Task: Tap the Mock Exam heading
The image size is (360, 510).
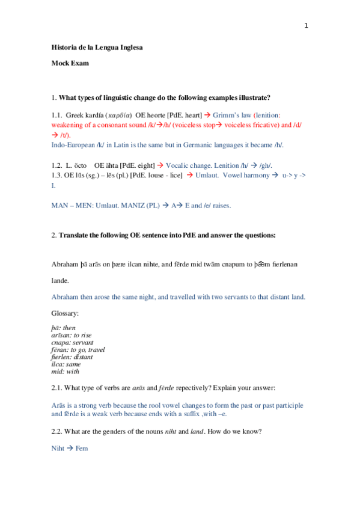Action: (70, 64)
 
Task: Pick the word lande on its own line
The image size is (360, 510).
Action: (61, 280)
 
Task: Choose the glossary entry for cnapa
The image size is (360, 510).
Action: (72, 342)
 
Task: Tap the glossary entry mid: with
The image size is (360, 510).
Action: (65, 372)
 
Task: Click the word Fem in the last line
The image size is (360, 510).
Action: (82, 448)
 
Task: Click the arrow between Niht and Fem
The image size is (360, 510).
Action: (70, 448)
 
